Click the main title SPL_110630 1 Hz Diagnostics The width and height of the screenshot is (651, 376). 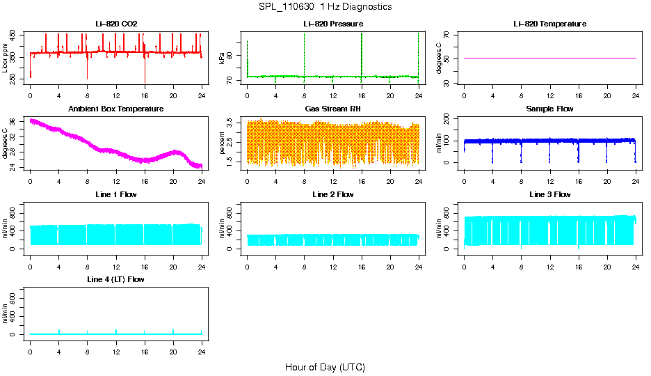(x=324, y=6)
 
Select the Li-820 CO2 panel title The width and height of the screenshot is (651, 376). (x=116, y=24)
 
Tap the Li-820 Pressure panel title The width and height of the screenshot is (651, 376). (x=332, y=24)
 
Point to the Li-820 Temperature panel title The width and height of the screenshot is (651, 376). (x=549, y=24)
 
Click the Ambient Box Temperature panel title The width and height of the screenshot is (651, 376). (x=116, y=109)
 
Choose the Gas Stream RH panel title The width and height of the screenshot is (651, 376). (x=332, y=109)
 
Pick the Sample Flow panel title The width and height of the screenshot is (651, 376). (x=549, y=109)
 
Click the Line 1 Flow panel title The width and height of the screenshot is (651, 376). (x=116, y=194)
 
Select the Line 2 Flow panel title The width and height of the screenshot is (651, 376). (x=332, y=194)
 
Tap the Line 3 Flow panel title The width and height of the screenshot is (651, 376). (x=549, y=194)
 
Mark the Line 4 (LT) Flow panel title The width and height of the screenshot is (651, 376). (x=116, y=279)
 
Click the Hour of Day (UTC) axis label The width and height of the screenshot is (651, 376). (x=325, y=367)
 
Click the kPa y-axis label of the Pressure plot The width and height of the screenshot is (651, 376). (x=222, y=58)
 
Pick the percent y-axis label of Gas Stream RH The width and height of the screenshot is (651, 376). (x=222, y=143)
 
